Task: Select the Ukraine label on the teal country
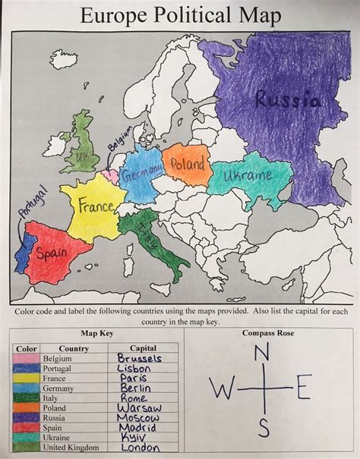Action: click(x=248, y=179)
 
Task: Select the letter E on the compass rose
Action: click(x=304, y=390)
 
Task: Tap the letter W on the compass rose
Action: click(x=223, y=390)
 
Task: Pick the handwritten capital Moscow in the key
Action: click(x=139, y=418)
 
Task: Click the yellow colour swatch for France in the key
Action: click(x=27, y=378)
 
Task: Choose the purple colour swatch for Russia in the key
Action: click(x=27, y=418)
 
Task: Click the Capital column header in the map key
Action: click(x=137, y=348)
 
